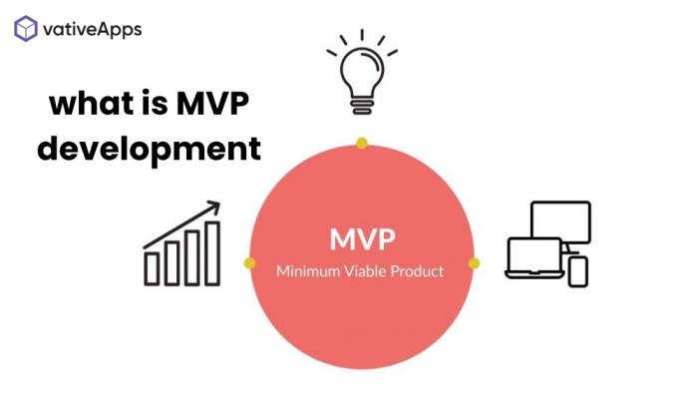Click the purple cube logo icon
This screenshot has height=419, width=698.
pos(26,29)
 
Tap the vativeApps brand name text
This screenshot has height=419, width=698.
pos(92,29)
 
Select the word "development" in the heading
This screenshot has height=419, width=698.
pos(149,150)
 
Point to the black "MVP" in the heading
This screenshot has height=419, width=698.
pos(212,104)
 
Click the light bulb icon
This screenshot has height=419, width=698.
pos(362,72)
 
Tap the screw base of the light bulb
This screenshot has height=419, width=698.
pos(362,106)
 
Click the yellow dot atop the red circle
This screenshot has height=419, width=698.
pos(361,143)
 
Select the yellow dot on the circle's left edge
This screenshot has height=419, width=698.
pos(249,263)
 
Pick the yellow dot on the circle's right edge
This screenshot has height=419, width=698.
pos(474,263)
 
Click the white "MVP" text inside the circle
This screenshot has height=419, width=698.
pos(362,239)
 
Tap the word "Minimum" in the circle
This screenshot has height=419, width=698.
pos(302,271)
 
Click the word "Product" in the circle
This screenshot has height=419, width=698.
pos(417,271)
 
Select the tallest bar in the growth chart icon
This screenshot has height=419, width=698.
pos(212,253)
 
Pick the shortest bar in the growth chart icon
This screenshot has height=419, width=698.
pos(152,268)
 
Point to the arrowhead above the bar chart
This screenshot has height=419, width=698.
pos(213,207)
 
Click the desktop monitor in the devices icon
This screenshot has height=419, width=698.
pos(560,221)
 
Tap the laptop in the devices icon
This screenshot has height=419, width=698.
pos(534,258)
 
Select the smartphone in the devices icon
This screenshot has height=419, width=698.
pos(578,271)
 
